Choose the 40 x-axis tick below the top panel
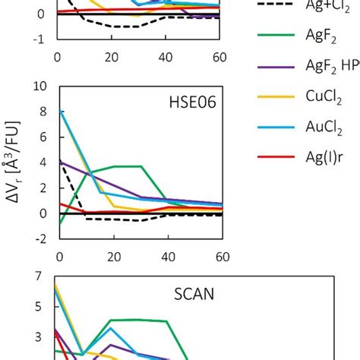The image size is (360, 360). tap(166, 55)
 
